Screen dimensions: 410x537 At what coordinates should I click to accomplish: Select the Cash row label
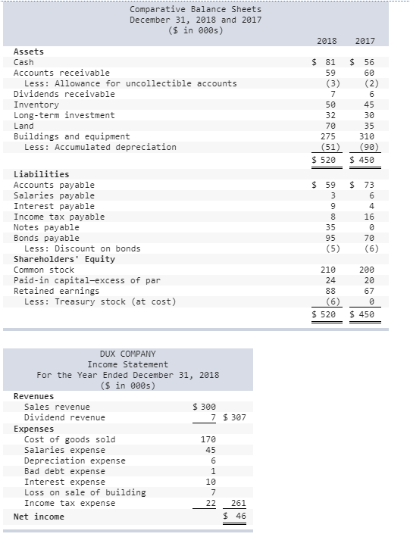click(23, 62)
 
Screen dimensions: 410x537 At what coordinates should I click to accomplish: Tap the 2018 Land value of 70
click(328, 126)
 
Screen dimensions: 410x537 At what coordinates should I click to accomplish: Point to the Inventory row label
click(36, 105)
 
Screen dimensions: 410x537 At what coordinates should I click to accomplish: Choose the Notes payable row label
click(46, 227)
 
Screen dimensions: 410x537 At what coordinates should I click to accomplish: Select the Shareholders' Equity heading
click(64, 259)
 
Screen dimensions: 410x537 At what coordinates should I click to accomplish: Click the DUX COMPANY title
click(127, 354)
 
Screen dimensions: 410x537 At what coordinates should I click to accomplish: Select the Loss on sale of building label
click(85, 492)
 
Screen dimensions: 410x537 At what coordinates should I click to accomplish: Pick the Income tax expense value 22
click(211, 503)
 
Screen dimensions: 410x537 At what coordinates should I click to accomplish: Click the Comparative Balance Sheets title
click(195, 9)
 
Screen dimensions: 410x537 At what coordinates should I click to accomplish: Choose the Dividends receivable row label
click(64, 94)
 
